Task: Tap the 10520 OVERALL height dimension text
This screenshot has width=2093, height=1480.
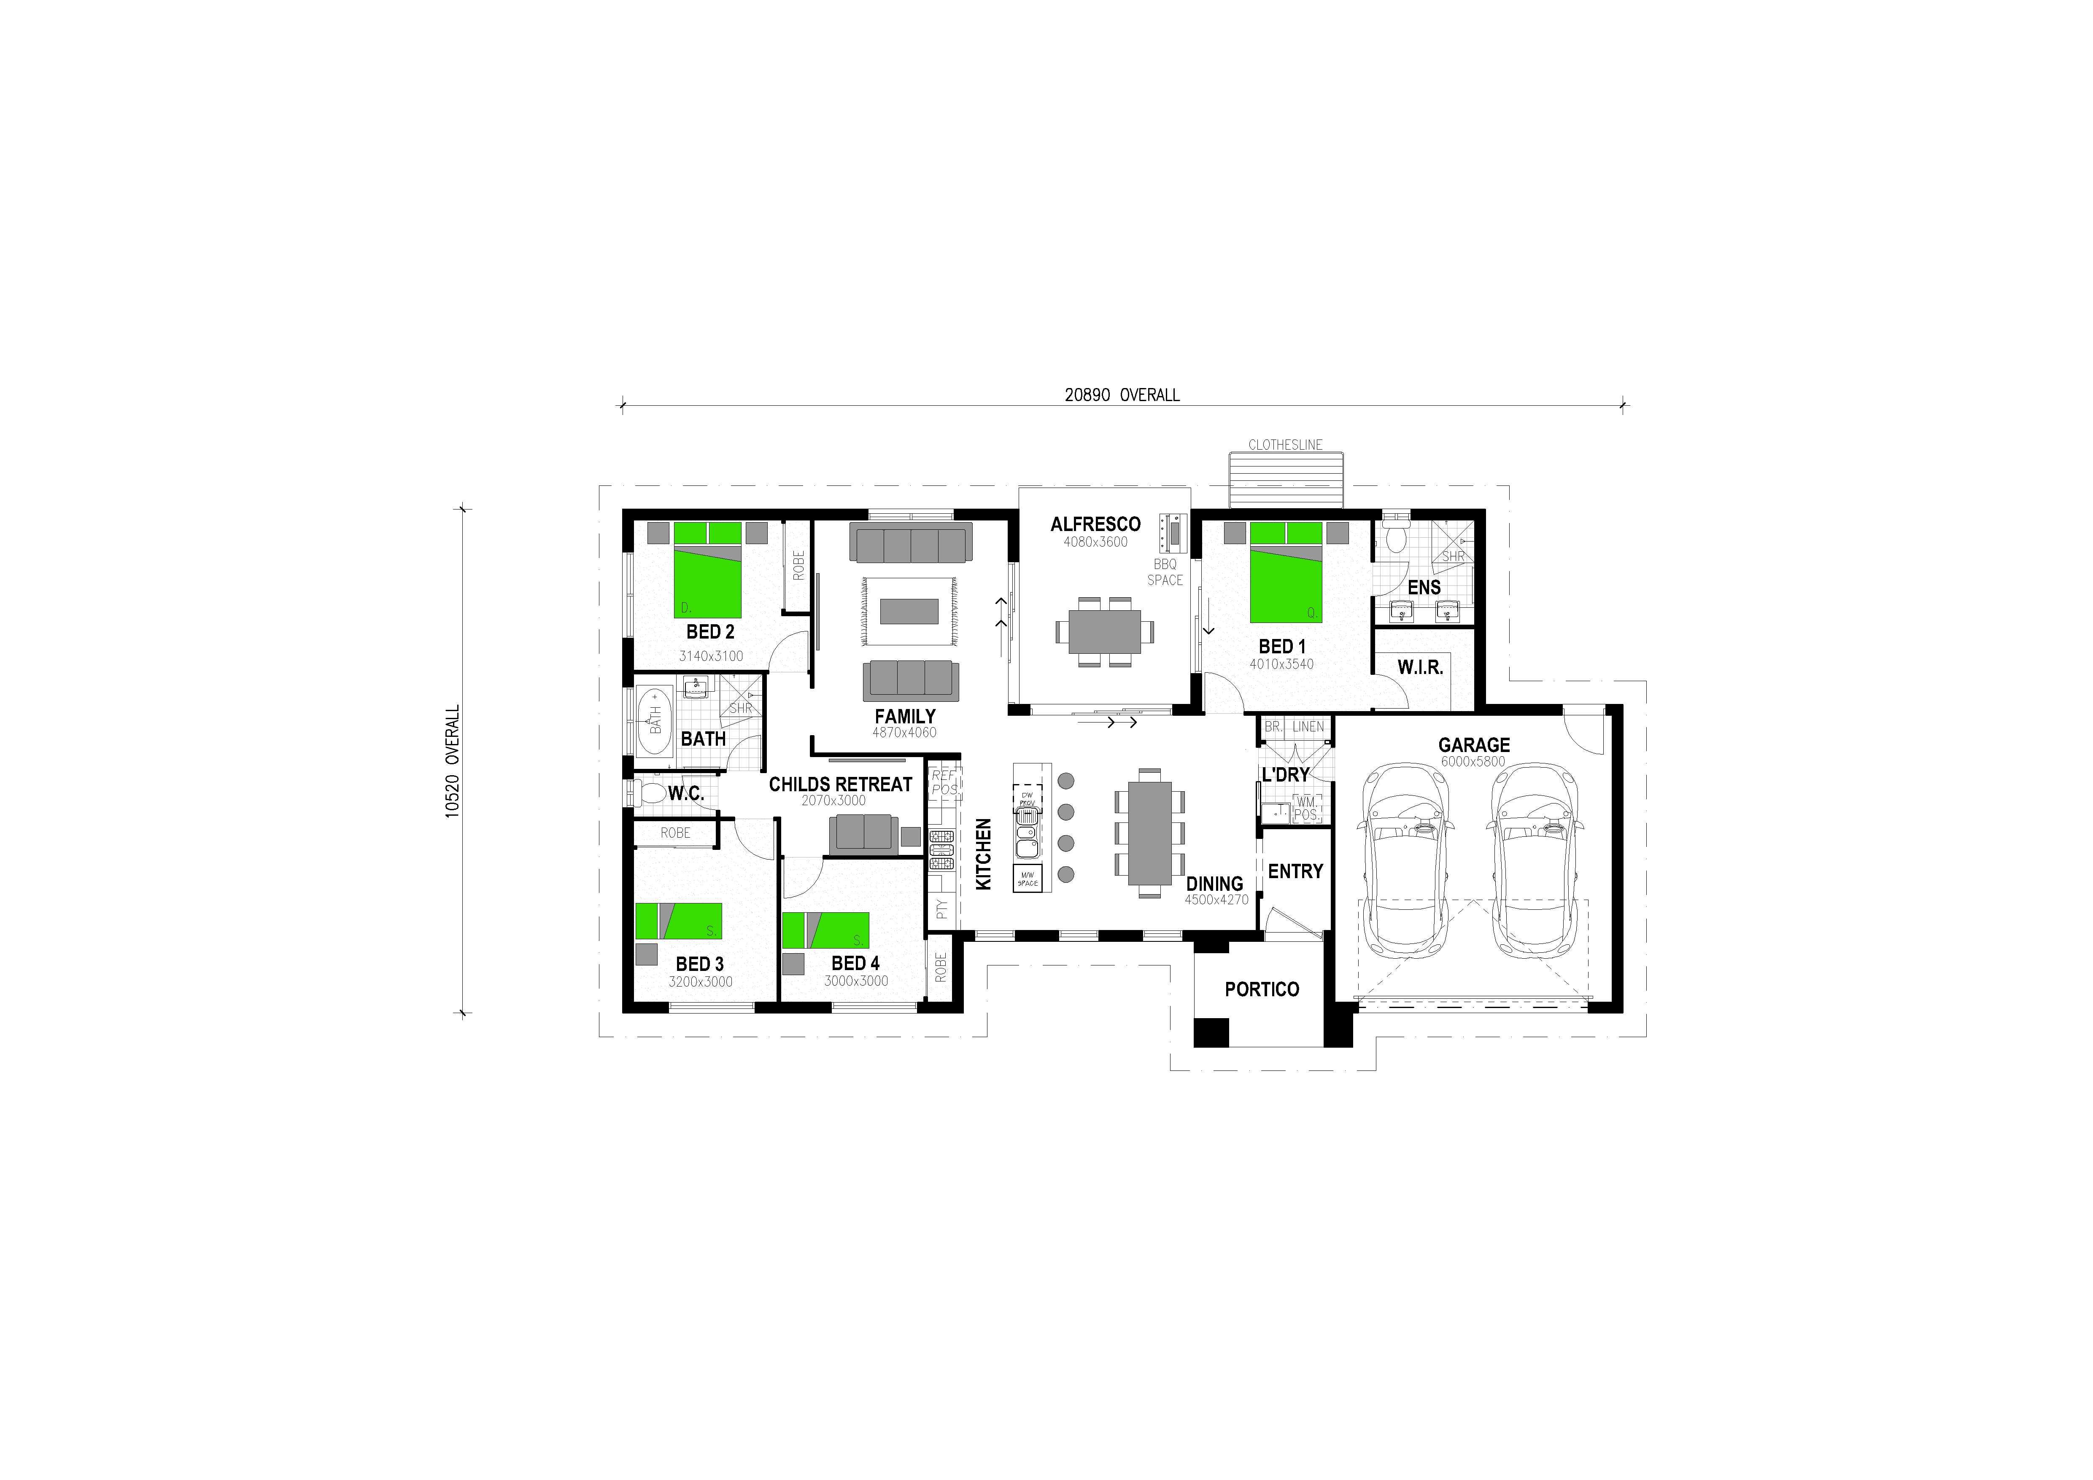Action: (453, 762)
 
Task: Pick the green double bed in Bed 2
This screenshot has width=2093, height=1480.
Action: (707, 574)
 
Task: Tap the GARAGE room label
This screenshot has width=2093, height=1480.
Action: (1473, 744)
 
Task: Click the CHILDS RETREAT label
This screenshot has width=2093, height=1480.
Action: (839, 784)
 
